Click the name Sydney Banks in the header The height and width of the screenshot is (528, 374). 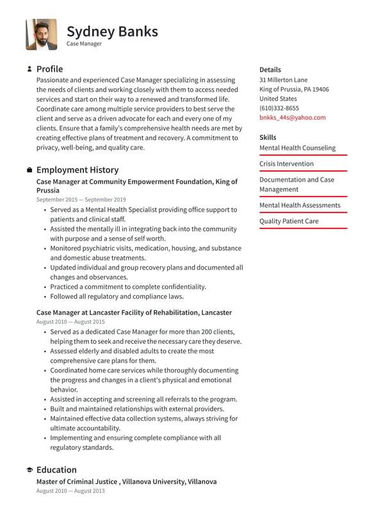[112, 31]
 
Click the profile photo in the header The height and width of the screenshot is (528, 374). [42, 34]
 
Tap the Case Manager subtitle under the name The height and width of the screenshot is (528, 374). [84, 44]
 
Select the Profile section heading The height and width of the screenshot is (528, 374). [49, 69]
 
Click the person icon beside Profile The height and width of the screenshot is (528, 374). [29, 69]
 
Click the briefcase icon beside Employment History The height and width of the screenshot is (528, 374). [29, 170]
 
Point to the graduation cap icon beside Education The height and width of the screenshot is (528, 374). [29, 470]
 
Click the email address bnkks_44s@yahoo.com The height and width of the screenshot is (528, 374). [292, 118]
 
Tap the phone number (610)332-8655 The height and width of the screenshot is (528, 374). [279, 108]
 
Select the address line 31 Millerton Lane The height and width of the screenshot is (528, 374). [283, 80]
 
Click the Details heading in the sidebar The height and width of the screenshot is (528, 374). [270, 70]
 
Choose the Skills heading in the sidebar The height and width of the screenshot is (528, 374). [268, 138]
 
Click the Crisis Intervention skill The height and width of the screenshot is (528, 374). [286, 164]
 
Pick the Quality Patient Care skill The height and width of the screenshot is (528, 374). [289, 221]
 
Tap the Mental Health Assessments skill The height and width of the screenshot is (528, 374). [300, 205]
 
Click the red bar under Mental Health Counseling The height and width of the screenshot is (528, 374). [303, 155]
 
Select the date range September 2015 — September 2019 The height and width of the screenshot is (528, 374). [81, 200]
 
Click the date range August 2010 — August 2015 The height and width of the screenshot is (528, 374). [70, 322]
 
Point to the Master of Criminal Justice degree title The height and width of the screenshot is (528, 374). [77, 481]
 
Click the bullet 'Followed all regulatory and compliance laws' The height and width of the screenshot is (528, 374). [117, 296]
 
